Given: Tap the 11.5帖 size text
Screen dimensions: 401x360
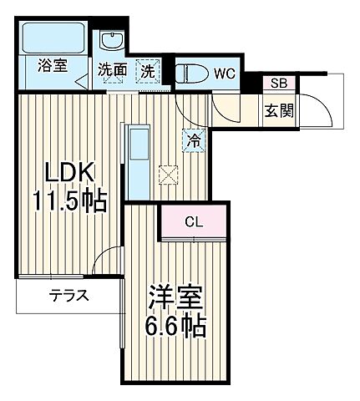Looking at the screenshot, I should coord(70,201).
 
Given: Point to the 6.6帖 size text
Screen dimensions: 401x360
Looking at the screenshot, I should coord(177,324).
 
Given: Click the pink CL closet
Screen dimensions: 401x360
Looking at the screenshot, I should coord(193,222).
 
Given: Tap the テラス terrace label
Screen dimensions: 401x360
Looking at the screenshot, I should coord(69,296).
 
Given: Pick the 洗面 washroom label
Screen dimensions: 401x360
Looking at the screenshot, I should coord(112,71).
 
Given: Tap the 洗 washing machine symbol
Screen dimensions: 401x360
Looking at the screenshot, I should coord(147,71).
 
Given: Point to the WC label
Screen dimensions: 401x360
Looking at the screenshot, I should coord(225,74).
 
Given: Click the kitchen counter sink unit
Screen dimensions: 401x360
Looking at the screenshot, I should coord(137,160).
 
